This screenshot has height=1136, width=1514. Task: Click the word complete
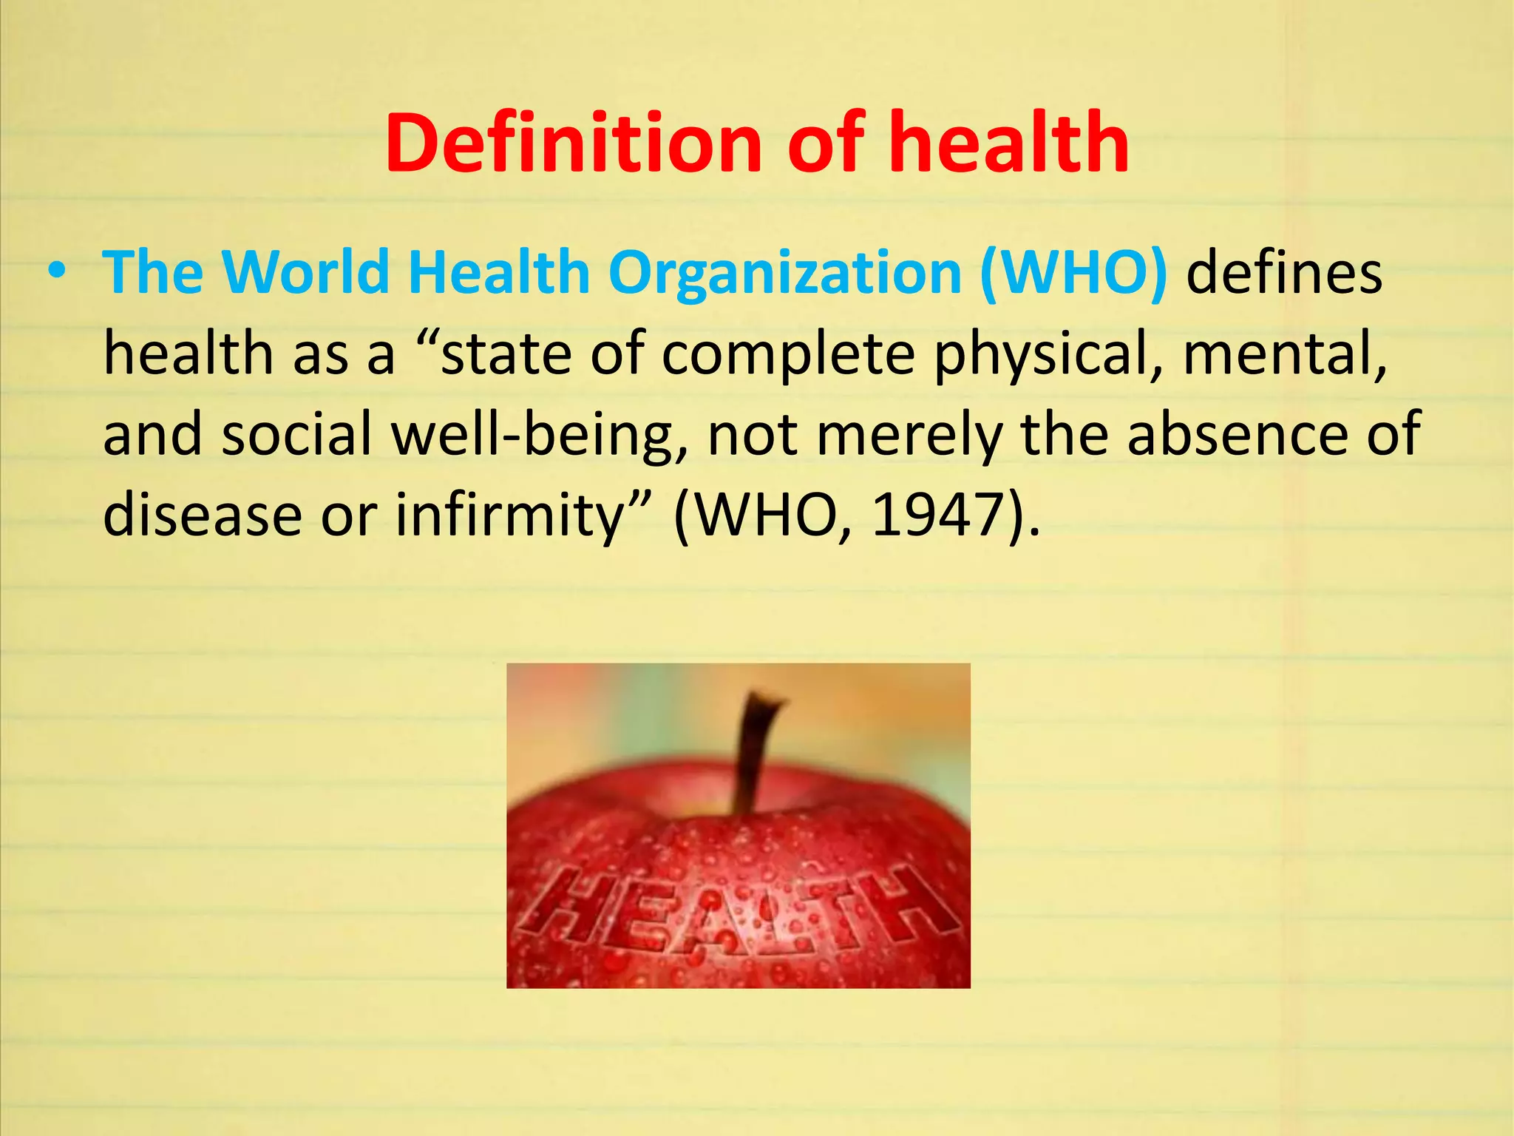(x=788, y=354)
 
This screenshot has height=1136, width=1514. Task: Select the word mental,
(x=1284, y=354)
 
